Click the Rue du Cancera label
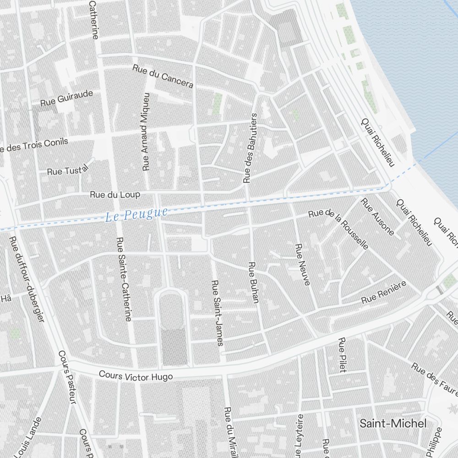[x=163, y=76]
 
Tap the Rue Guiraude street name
[x=66, y=98]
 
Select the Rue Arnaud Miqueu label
[x=146, y=131]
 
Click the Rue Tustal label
[x=67, y=171]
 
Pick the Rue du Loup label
[x=115, y=195]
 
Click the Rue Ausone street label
[x=377, y=216]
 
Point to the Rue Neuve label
[x=302, y=264]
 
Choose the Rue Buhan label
[x=253, y=282]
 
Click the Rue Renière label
[x=384, y=293]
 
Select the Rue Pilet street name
[x=342, y=355]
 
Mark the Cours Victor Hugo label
[x=136, y=376]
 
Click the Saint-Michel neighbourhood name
[x=393, y=423]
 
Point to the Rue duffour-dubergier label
[x=27, y=279]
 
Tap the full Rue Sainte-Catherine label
[x=124, y=279]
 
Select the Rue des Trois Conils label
[x=34, y=145]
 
